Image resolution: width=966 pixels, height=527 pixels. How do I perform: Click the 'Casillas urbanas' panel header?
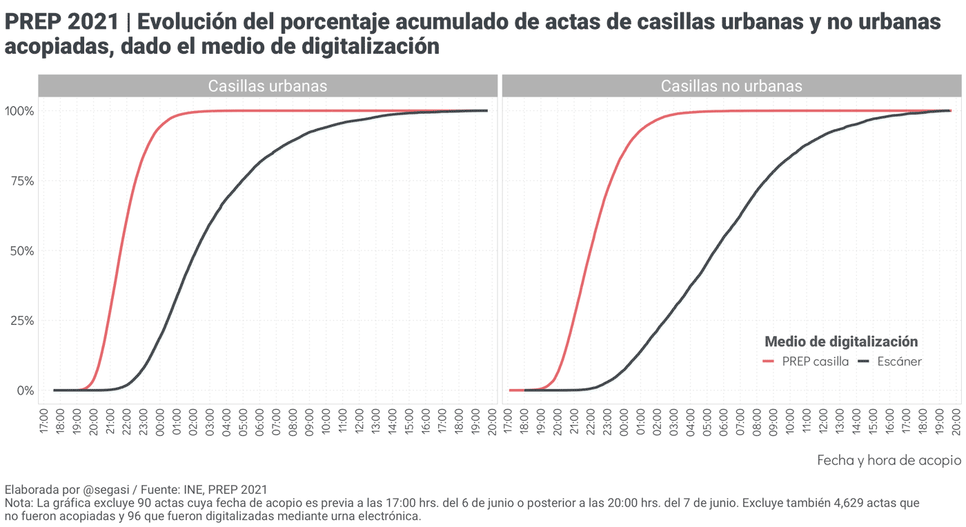tap(268, 86)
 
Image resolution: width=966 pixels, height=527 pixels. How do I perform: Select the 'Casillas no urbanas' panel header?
tap(731, 86)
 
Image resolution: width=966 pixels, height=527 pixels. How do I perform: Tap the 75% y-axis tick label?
tap(21, 181)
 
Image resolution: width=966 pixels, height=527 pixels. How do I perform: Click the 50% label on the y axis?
tap(21, 251)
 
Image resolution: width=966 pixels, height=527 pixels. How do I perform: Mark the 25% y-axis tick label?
tap(21, 321)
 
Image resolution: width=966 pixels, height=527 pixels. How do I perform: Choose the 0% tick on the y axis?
tap(26, 390)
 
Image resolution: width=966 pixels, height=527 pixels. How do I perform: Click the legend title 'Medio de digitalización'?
tap(841, 341)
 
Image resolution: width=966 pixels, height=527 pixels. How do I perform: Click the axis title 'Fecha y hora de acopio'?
tap(889, 460)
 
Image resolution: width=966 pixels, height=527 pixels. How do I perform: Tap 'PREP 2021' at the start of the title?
tap(62, 23)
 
